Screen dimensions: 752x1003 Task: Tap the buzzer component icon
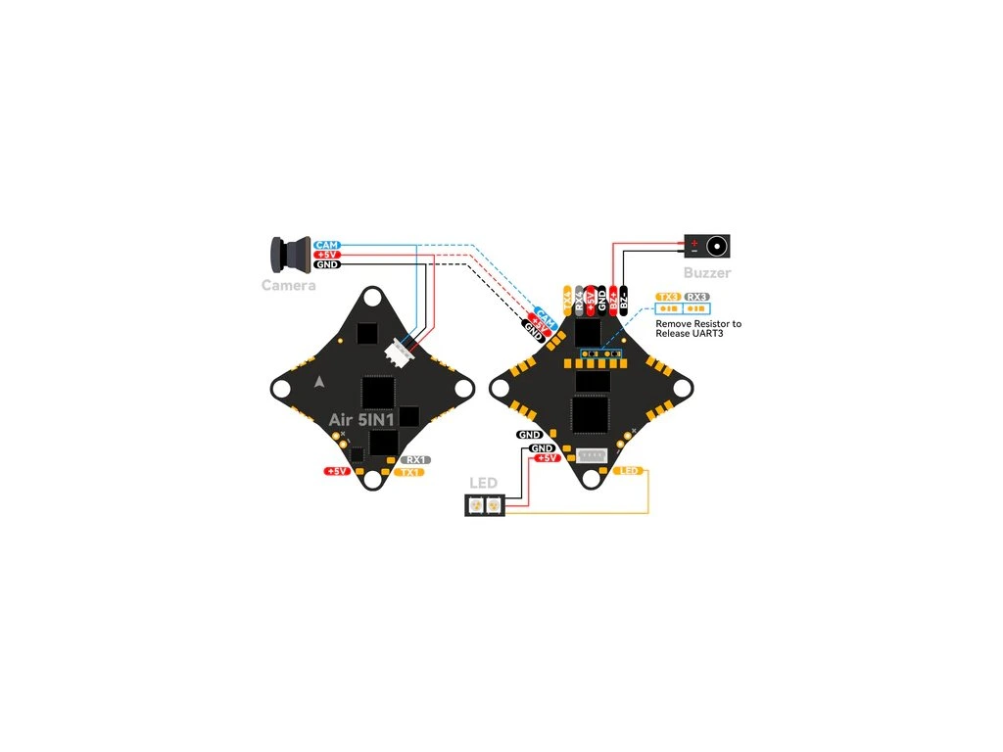pos(706,246)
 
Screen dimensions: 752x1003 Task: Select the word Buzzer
pos(706,273)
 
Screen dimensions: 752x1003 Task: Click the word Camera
pos(288,286)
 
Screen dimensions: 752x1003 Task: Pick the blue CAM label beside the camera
pos(326,244)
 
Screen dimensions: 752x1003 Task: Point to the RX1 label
pos(415,459)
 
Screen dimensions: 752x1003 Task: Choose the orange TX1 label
pos(409,472)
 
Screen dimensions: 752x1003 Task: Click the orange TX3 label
pos(669,296)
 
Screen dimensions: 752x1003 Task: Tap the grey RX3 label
pos(696,296)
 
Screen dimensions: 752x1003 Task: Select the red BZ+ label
pos(613,302)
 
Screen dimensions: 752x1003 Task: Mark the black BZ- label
pos(624,302)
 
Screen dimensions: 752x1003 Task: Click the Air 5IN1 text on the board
pos(362,420)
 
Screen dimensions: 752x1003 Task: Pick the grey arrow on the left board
pos(318,382)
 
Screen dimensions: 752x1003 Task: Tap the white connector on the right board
pos(592,456)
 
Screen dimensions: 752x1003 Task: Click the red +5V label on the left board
pos(337,471)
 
